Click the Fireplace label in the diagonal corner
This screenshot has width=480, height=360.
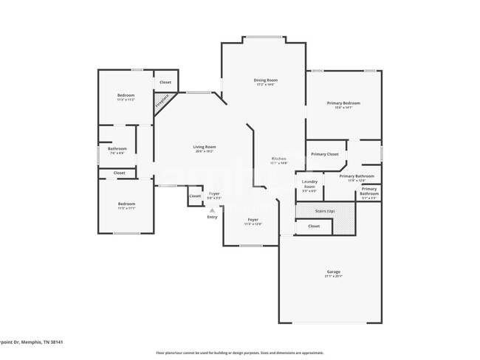162,101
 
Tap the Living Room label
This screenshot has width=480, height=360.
204,147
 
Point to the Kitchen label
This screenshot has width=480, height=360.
278,159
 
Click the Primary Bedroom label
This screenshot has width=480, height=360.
343,103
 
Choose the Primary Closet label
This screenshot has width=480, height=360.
324,154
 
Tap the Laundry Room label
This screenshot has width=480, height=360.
309,184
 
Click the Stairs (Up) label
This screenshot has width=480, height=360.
315,211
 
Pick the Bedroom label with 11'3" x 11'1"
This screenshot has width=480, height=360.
126,204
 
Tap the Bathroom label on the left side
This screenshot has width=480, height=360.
117,149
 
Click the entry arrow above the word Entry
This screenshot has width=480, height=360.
213,210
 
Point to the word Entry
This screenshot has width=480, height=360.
213,217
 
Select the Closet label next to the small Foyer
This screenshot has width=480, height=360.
195,196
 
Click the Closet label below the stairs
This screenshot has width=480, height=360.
314,226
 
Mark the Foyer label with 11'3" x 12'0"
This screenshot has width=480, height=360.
253,220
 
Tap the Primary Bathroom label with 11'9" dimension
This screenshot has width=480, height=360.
357,176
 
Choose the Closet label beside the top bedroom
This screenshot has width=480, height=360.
165,82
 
